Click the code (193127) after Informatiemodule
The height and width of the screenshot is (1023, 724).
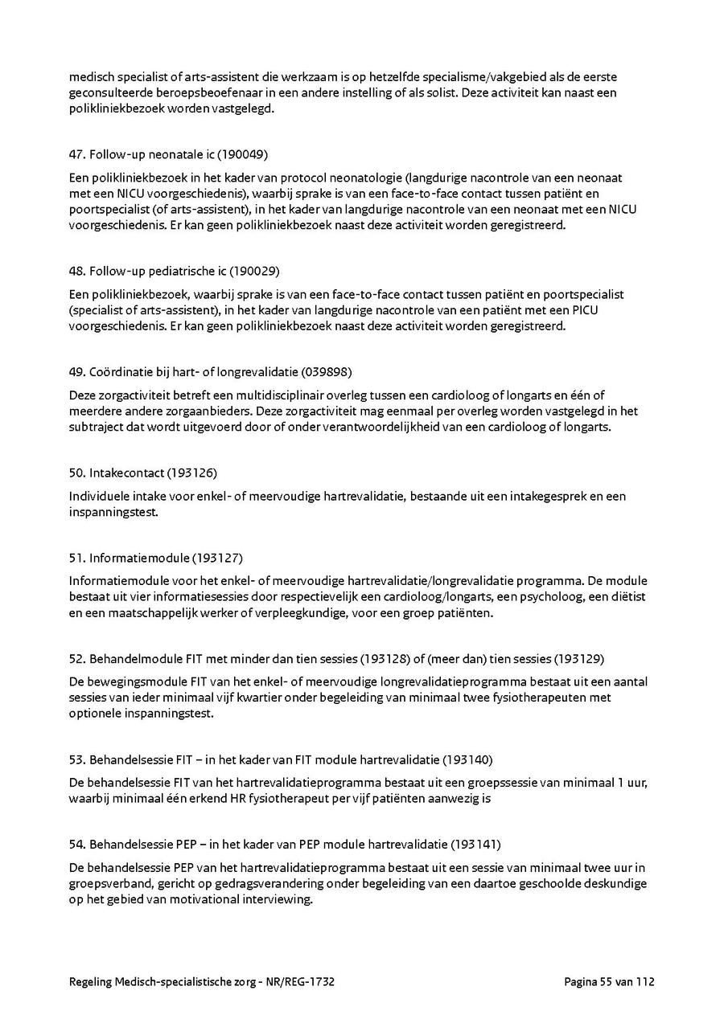click(x=217, y=558)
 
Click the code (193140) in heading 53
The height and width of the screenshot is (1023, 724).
click(x=467, y=759)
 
